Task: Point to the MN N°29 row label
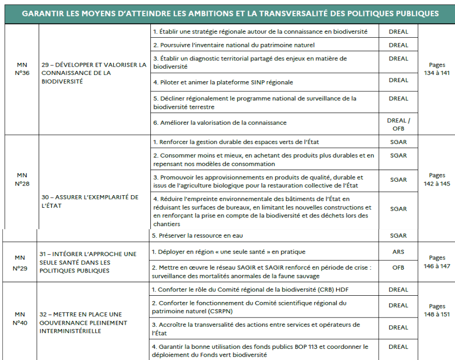(x=20, y=263)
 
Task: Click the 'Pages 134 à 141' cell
(x=437, y=69)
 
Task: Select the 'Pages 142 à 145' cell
(x=437, y=179)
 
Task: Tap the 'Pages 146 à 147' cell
(x=437, y=263)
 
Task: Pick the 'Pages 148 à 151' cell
(x=437, y=310)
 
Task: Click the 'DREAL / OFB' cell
(x=398, y=124)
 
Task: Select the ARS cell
(x=398, y=252)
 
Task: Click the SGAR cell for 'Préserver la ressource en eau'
(x=398, y=236)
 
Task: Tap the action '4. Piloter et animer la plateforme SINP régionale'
(x=223, y=82)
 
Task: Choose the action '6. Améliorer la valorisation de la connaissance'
(x=220, y=123)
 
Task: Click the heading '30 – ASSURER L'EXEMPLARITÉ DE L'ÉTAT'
(x=90, y=201)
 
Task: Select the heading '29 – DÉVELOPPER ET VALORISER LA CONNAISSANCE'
(x=94, y=73)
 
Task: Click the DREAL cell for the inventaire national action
(x=398, y=45)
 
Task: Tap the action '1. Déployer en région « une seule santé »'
(x=229, y=252)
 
